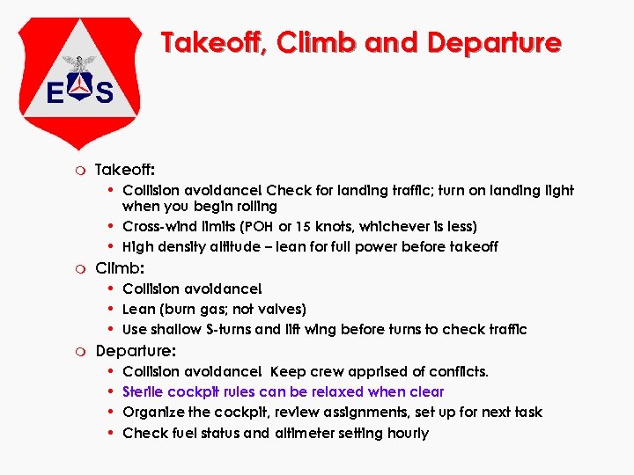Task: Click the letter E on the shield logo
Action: point(55,92)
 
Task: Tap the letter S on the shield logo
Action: point(104,92)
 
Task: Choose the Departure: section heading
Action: point(136,350)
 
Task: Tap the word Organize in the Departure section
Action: point(152,412)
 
